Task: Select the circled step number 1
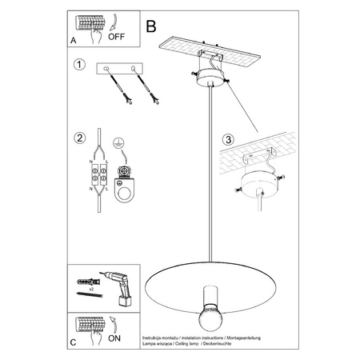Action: [x=78, y=65]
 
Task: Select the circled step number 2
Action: [x=78, y=138]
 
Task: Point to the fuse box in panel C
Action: [x=90, y=325]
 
